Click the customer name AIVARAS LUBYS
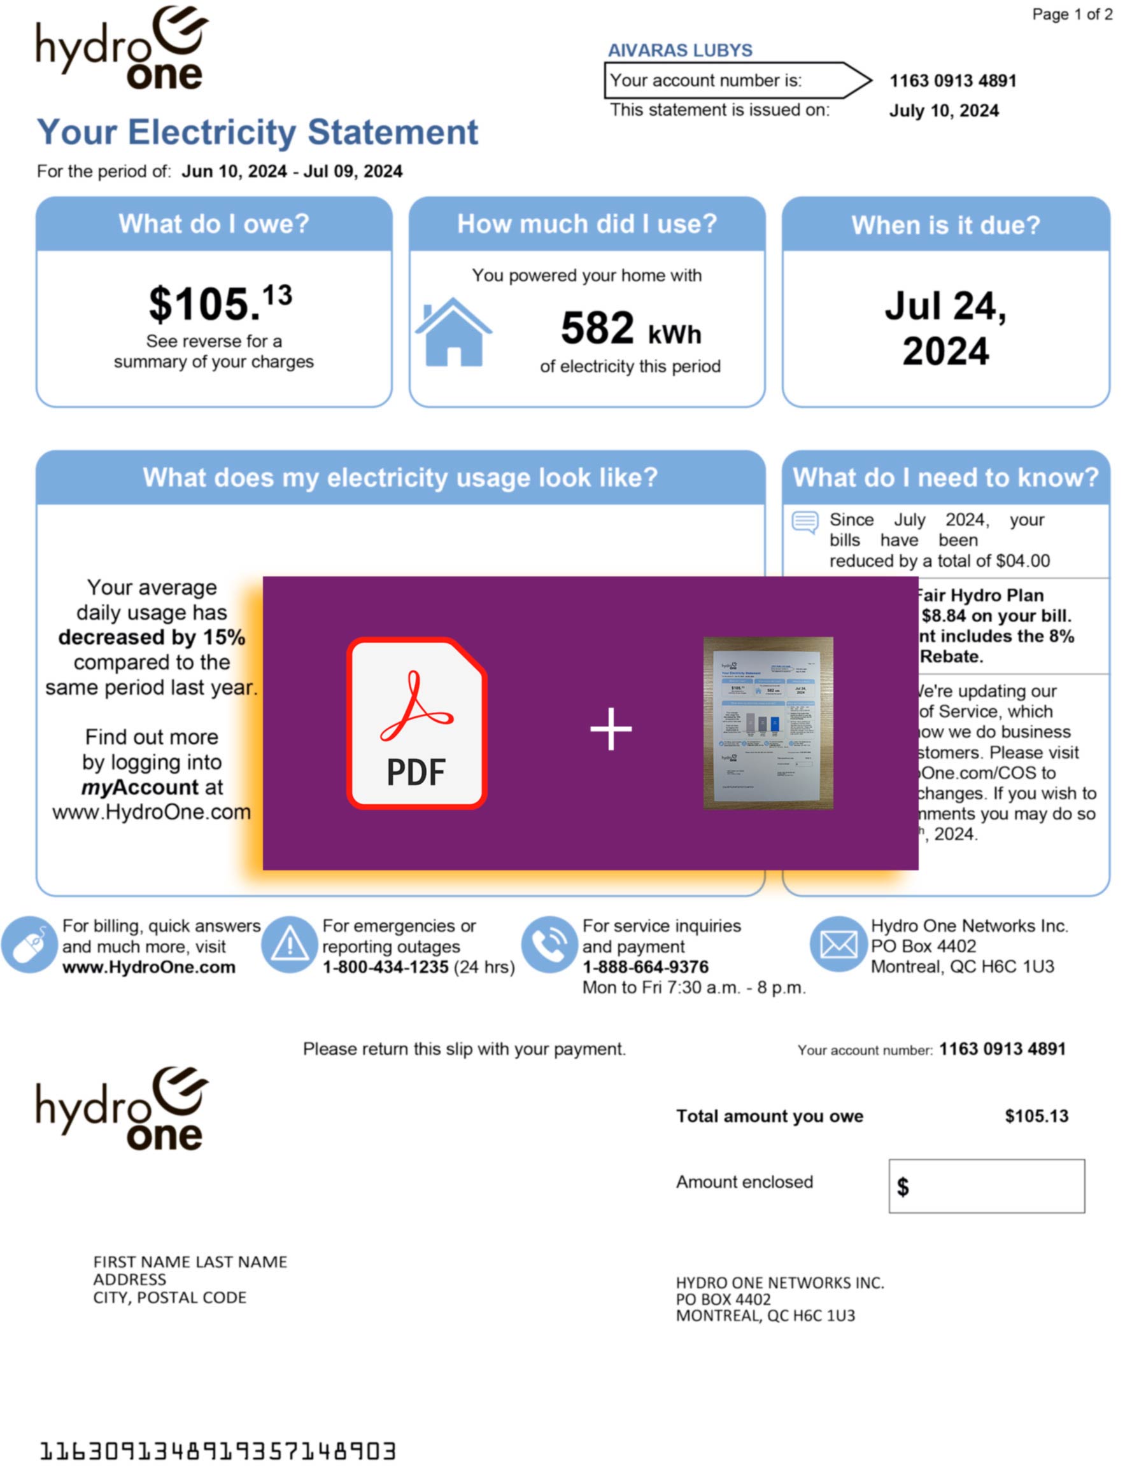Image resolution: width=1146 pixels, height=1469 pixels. coord(680,50)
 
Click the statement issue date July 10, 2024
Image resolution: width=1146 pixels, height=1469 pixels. coord(944,111)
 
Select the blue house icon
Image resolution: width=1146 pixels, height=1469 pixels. coord(453,332)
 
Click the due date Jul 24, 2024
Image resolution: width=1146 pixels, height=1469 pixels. coord(945,328)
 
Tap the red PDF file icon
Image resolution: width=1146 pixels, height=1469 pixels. coord(416,723)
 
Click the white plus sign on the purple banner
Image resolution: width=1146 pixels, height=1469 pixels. coord(611,728)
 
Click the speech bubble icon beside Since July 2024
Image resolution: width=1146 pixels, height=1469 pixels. coord(805,522)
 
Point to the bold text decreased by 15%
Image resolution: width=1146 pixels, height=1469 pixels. coord(152,637)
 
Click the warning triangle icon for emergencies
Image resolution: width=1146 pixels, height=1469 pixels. coord(289,945)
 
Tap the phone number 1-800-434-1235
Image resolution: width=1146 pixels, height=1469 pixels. coord(385,967)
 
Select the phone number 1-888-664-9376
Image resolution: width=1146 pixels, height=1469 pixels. coord(645,967)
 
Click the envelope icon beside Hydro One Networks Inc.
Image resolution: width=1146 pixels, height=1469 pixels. coord(838,944)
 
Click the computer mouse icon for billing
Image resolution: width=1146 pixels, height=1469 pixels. coord(29,945)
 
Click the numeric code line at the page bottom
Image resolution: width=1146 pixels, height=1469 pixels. coord(217,1451)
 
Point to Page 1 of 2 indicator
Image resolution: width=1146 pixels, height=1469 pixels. coord(1072,14)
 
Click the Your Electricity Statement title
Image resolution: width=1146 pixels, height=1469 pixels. coord(257,132)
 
